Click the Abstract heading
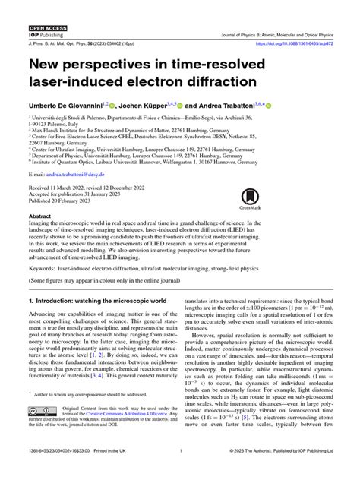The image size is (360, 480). click(x=39, y=216)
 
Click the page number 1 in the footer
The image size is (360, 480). click(x=180, y=471)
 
